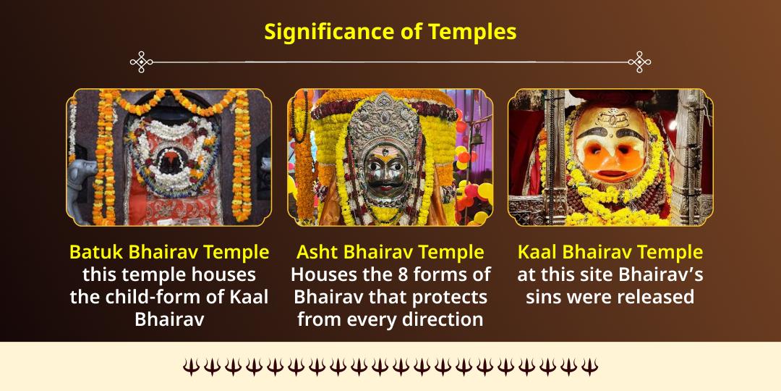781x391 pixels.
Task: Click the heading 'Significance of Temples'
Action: [x=390, y=32]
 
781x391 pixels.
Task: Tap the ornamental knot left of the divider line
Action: [x=141, y=62]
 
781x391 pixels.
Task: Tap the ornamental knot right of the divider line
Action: [x=639, y=62]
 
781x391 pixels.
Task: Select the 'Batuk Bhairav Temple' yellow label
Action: [x=169, y=252]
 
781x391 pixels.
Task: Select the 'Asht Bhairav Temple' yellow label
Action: [x=390, y=252]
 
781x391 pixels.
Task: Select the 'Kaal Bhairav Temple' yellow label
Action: [x=610, y=252]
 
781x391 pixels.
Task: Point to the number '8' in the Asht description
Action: [x=413, y=274]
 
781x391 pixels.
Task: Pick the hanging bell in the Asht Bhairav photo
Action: [x=477, y=134]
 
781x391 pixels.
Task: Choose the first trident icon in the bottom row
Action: [x=190, y=366]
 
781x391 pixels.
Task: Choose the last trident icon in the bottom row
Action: [x=590, y=366]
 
